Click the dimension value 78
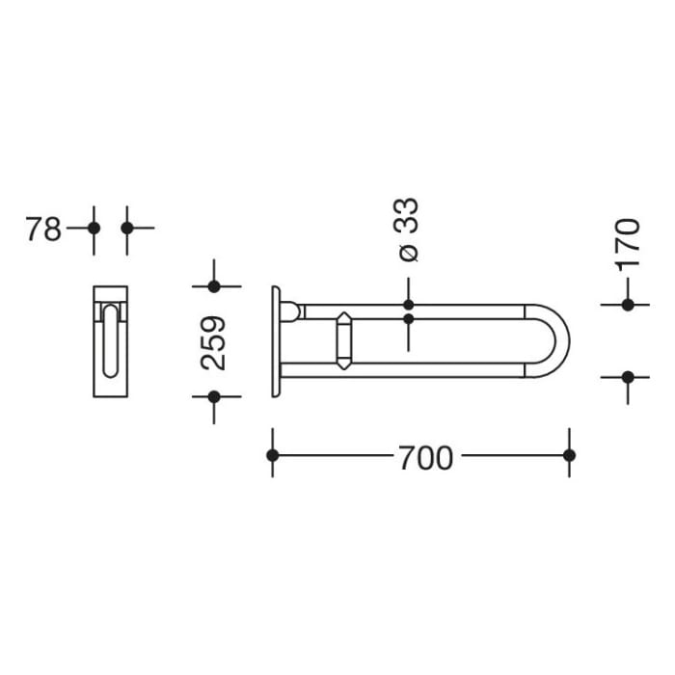[x=43, y=229]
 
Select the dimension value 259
[x=214, y=342]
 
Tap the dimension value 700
[x=424, y=457]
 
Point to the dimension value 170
[x=628, y=244]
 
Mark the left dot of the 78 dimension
[x=94, y=229]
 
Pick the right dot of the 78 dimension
[x=127, y=229]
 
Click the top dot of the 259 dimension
[x=214, y=286]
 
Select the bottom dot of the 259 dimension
[x=214, y=396]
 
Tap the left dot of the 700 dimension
[x=273, y=455]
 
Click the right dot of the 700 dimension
[x=569, y=455]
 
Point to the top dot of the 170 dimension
[x=628, y=305]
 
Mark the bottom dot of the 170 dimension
[x=628, y=377]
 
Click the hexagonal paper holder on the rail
[x=344, y=340]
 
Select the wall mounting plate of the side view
[x=277, y=342]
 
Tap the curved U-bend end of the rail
[x=557, y=340]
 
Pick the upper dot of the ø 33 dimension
[x=408, y=305]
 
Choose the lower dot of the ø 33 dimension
[x=408, y=318]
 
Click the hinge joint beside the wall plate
[x=290, y=311]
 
